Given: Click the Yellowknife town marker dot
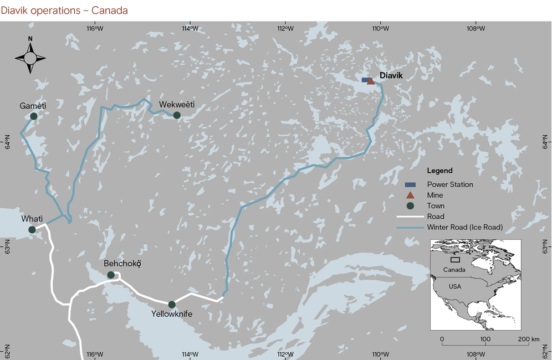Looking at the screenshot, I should pyautogui.click(x=172, y=305).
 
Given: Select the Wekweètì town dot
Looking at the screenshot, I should pyautogui.click(x=177, y=115).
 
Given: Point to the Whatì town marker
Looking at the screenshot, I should pyautogui.click(x=32, y=230).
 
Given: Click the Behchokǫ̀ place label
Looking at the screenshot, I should pyautogui.click(x=122, y=264).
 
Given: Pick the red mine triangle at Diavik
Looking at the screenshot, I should pyautogui.click(x=371, y=82).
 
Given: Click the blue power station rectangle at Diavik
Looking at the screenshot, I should pyautogui.click(x=365, y=80).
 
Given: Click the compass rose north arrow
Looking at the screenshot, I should pyautogui.click(x=30, y=55).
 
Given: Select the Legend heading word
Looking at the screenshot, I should pyautogui.click(x=439, y=171).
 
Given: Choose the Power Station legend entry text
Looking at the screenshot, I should pyautogui.click(x=450, y=184).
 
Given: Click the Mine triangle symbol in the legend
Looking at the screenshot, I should pyautogui.click(x=410, y=195).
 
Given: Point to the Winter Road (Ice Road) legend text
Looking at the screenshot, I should pyautogui.click(x=465, y=227).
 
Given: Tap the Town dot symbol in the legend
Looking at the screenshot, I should pyautogui.click(x=410, y=206).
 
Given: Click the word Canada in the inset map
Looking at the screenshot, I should pyautogui.click(x=454, y=270).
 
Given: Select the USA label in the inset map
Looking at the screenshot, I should pyautogui.click(x=454, y=287).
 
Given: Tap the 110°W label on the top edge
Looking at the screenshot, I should pyautogui.click(x=380, y=28).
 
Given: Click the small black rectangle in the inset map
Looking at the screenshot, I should pyautogui.click(x=455, y=259).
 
